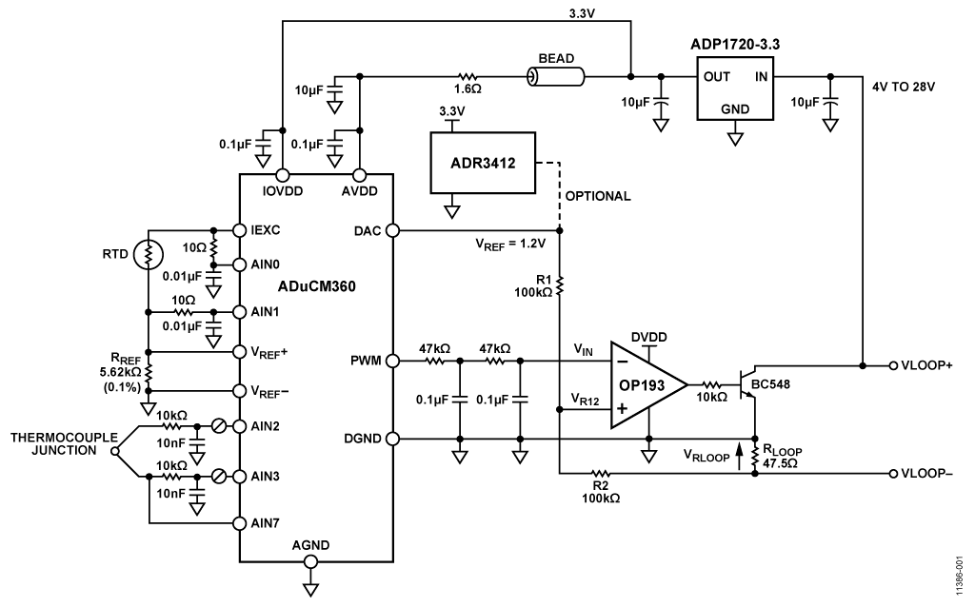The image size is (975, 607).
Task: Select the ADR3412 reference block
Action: (x=483, y=162)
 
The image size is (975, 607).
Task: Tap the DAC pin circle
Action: (x=391, y=230)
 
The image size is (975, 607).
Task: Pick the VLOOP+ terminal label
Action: (x=932, y=365)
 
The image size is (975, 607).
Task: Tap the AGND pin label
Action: (x=310, y=545)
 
